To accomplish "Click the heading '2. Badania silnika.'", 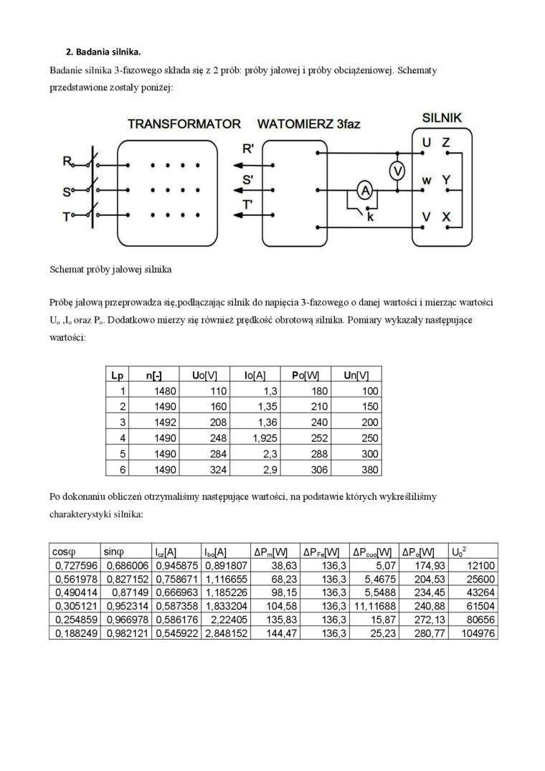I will pyautogui.click(x=103, y=52).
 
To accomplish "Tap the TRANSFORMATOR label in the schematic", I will pyautogui.click(x=184, y=123).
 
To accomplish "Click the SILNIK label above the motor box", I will pyautogui.click(x=442, y=116).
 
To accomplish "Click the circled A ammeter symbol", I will pyautogui.click(x=364, y=190).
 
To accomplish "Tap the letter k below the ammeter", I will pyautogui.click(x=370, y=216).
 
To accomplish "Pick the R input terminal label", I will pyautogui.click(x=67, y=163).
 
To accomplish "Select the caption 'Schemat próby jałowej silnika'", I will pyautogui.click(x=110, y=271).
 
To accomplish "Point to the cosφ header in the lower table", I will pyautogui.click(x=64, y=552).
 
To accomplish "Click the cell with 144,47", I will pyautogui.click(x=273, y=634).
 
